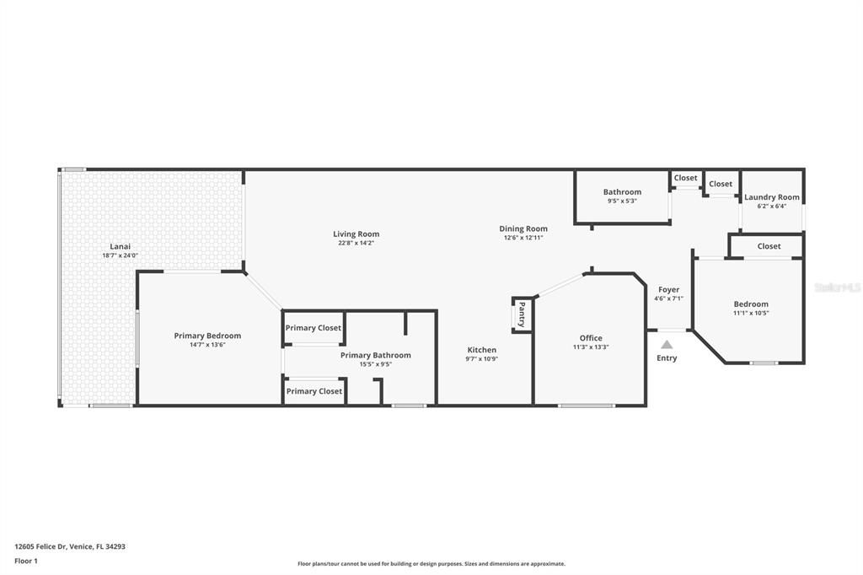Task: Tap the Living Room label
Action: (x=356, y=234)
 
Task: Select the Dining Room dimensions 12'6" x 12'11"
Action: (x=523, y=238)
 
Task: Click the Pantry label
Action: (x=522, y=314)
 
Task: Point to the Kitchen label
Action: (x=482, y=350)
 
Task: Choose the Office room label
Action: (x=590, y=338)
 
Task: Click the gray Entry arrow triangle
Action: (x=667, y=344)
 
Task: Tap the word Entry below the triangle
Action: (x=667, y=358)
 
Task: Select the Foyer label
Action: (x=668, y=289)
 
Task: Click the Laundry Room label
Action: (x=771, y=197)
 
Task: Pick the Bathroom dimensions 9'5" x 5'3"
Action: (x=622, y=202)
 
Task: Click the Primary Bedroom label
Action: (x=207, y=336)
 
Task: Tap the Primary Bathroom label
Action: (x=375, y=355)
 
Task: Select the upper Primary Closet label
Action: (x=314, y=328)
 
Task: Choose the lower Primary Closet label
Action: (x=314, y=391)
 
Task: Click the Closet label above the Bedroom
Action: (x=769, y=246)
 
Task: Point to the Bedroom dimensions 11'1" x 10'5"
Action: (x=751, y=313)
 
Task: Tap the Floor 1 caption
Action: (x=26, y=561)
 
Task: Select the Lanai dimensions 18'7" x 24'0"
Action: (x=120, y=255)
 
